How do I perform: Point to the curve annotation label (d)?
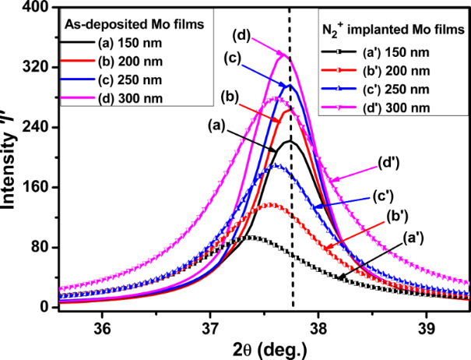pyautogui.click(x=241, y=34)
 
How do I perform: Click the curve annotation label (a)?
pyautogui.click(x=216, y=123)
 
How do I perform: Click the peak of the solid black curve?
pyautogui.click(x=290, y=142)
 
